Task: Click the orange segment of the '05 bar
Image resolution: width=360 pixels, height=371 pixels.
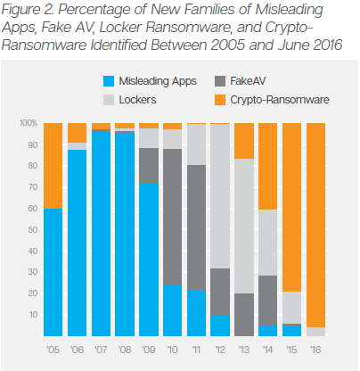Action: (x=53, y=165)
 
